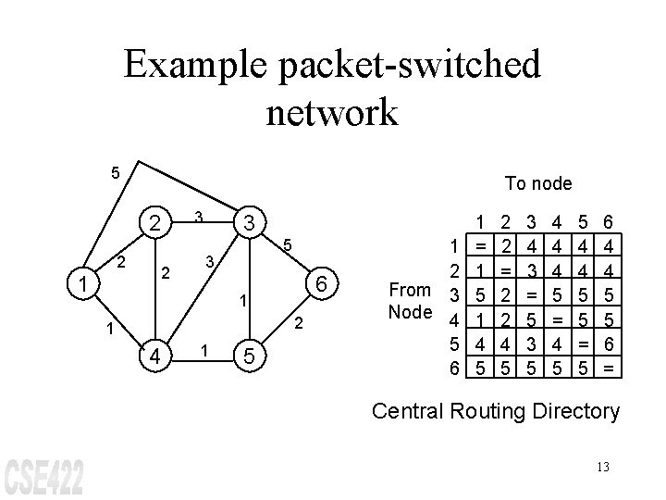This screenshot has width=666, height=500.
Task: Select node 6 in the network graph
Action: [321, 284]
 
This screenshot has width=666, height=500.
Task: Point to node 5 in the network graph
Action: [249, 356]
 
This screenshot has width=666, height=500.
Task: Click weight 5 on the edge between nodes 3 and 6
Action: [288, 245]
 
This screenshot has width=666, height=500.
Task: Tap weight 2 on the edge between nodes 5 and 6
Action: [298, 324]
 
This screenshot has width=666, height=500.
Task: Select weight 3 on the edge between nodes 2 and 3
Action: [198, 217]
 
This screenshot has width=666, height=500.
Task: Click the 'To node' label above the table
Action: [538, 183]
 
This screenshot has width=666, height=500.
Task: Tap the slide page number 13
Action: [602, 467]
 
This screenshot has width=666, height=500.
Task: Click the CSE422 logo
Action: [43, 475]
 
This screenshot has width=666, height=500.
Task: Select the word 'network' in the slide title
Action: [332, 112]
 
